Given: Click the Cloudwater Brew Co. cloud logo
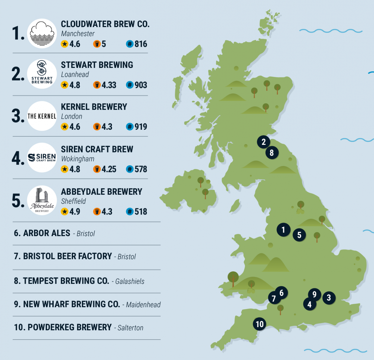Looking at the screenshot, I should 42,34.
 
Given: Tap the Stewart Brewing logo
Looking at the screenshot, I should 42,74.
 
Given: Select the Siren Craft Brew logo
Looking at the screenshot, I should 42,158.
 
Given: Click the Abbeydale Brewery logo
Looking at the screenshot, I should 42,200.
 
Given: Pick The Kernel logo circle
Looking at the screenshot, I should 42,116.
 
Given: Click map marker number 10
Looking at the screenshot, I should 259,324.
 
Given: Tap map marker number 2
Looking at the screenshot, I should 264,142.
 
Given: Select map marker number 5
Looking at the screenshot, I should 299,235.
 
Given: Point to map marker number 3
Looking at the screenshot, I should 329,298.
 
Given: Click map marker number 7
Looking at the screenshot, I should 274,298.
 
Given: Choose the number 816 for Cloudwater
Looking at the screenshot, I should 141,44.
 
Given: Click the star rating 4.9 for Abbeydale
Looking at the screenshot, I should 75,212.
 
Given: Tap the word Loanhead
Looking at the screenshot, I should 75,75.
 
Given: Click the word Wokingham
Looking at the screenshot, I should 78,159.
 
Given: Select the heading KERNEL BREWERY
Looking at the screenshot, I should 94,107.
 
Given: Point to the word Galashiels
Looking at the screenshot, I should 130,281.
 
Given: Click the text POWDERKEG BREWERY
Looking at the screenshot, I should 70,327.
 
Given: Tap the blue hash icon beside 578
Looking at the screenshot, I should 130,169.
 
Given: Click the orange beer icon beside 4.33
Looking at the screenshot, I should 97,85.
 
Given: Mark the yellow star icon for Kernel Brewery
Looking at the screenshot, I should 65,127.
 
